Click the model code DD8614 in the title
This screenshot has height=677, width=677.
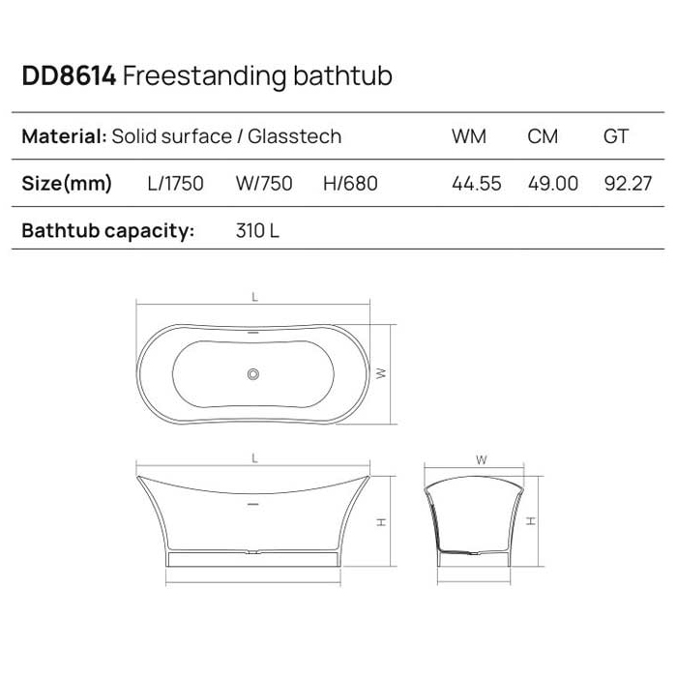69,76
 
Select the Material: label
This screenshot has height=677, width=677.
64,136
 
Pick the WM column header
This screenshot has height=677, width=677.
469,136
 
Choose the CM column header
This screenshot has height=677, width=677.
543,136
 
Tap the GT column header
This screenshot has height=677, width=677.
616,136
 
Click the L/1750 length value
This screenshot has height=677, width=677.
175,184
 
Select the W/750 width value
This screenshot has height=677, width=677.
263,184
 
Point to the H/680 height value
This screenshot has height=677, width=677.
350,184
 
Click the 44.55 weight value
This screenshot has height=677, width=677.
477,184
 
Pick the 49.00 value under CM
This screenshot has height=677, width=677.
553,184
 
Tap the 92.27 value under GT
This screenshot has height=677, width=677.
628,184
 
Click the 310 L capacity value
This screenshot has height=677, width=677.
258,231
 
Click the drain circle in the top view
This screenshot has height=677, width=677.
254,372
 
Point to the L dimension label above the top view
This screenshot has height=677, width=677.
254,298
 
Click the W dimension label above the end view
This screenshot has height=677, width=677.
481,460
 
